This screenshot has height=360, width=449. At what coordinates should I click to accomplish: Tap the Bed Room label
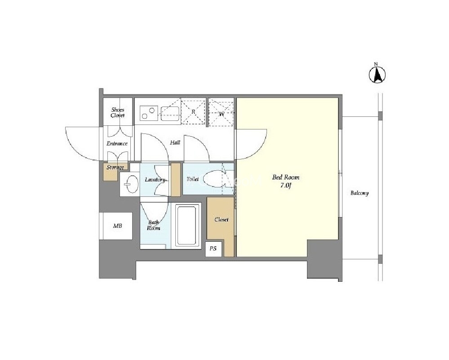[285, 177]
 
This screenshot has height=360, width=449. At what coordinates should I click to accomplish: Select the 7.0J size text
[285, 185]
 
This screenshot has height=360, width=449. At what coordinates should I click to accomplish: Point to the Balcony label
[360, 193]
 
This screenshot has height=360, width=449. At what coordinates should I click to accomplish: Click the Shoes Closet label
[118, 112]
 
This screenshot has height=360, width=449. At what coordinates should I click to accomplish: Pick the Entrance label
[117, 143]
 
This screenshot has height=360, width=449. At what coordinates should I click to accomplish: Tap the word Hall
[175, 142]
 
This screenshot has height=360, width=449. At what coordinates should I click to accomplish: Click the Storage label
[115, 167]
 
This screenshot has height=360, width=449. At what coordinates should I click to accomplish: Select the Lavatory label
[155, 180]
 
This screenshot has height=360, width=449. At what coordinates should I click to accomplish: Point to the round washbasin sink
[131, 184]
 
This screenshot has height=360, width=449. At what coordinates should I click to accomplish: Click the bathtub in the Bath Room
[187, 226]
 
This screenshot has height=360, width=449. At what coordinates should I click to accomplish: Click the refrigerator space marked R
[193, 112]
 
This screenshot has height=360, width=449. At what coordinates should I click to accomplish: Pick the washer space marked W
[222, 112]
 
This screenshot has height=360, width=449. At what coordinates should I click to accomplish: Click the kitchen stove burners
[148, 113]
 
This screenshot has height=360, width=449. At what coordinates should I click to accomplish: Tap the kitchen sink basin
[170, 114]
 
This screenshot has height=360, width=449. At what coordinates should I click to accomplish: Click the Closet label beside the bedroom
[222, 220]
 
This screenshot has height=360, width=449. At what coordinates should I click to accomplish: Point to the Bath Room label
[153, 226]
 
